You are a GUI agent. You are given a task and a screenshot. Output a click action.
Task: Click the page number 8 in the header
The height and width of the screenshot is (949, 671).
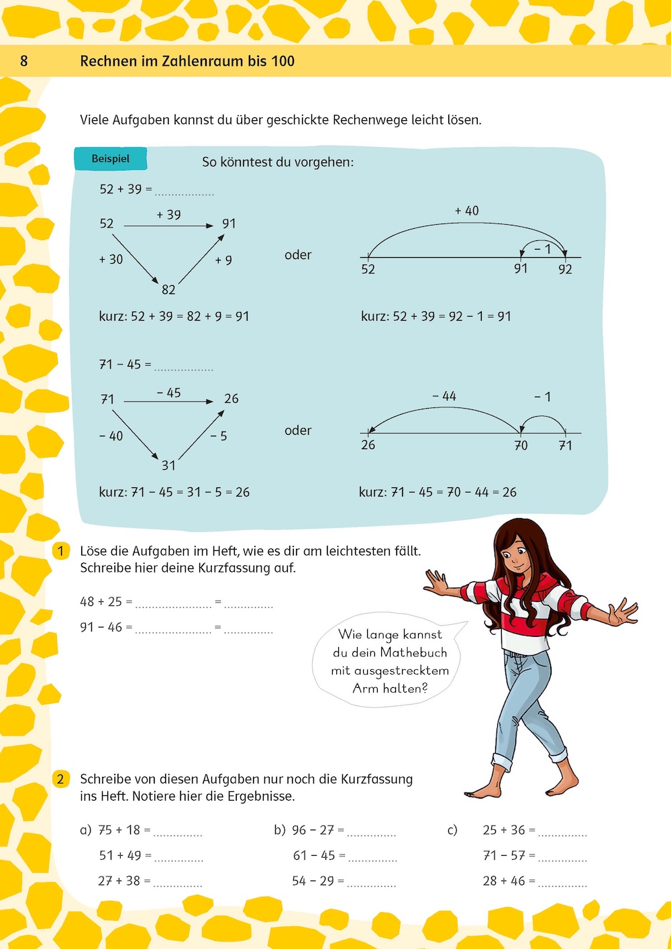[x=24, y=61]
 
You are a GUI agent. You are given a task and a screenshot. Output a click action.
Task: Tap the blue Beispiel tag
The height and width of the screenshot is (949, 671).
[x=110, y=159]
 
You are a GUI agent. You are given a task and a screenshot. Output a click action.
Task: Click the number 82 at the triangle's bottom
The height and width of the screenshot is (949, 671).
[x=168, y=290]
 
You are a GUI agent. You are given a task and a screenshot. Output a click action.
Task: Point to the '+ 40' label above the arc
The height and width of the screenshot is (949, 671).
[x=467, y=211]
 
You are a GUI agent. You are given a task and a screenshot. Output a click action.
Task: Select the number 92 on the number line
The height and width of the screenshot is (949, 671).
[x=565, y=269]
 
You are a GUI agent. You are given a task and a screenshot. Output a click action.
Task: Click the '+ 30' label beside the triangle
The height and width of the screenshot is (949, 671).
[x=111, y=259]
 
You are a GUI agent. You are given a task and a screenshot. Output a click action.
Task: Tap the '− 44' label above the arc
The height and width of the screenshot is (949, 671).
[x=444, y=397]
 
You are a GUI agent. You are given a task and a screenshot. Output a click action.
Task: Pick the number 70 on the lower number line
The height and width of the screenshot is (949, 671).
[x=521, y=446]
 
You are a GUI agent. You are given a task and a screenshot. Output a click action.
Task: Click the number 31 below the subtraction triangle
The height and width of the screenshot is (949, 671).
[x=168, y=465]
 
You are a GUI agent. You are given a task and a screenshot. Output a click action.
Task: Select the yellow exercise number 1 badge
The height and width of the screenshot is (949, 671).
[x=60, y=551]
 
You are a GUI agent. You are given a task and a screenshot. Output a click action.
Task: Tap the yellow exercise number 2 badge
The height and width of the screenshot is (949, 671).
[x=60, y=779]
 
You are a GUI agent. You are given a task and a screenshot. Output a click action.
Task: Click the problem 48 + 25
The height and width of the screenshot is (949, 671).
[x=101, y=602]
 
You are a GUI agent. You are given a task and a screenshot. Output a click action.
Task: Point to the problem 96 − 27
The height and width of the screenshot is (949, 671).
[x=313, y=830]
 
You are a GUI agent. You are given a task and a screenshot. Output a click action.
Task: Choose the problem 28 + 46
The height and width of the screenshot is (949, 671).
[x=504, y=881]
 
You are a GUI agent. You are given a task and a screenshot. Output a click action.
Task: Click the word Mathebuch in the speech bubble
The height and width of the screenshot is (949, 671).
[x=413, y=652]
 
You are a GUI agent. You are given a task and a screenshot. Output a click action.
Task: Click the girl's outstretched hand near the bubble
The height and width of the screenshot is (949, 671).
[x=437, y=582]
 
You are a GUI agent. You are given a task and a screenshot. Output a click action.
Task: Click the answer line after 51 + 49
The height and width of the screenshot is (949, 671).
[x=178, y=859]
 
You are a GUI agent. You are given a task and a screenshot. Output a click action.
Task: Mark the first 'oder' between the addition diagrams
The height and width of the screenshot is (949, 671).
[x=298, y=255]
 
